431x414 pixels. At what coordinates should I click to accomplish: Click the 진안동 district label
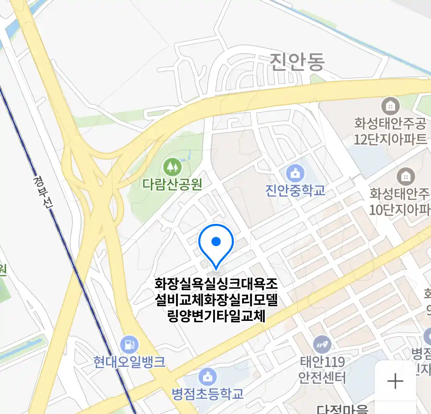[297, 62]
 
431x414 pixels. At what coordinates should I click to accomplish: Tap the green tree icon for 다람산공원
[172, 167]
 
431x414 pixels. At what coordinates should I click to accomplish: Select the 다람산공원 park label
[172, 184]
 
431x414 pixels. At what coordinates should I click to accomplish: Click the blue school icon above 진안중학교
[295, 173]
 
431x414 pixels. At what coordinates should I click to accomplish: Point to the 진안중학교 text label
[295, 191]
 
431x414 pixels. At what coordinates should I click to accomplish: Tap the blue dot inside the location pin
[216, 242]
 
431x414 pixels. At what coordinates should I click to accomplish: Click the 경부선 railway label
[43, 192]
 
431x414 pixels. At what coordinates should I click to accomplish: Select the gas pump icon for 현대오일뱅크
[129, 345]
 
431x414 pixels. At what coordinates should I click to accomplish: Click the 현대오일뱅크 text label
[129, 362]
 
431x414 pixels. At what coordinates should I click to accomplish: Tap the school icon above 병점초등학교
[208, 376]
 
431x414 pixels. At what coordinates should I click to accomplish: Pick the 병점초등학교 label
[208, 394]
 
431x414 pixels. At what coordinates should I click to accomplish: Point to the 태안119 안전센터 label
[322, 370]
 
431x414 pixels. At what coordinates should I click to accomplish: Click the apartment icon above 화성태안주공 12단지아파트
[390, 106]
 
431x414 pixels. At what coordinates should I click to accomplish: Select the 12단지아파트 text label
[390, 139]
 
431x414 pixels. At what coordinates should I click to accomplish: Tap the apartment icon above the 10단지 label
[405, 176]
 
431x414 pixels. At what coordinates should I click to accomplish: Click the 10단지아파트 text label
[400, 210]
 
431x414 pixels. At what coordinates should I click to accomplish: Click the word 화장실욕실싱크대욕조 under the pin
[216, 284]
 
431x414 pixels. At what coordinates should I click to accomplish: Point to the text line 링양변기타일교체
[216, 316]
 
